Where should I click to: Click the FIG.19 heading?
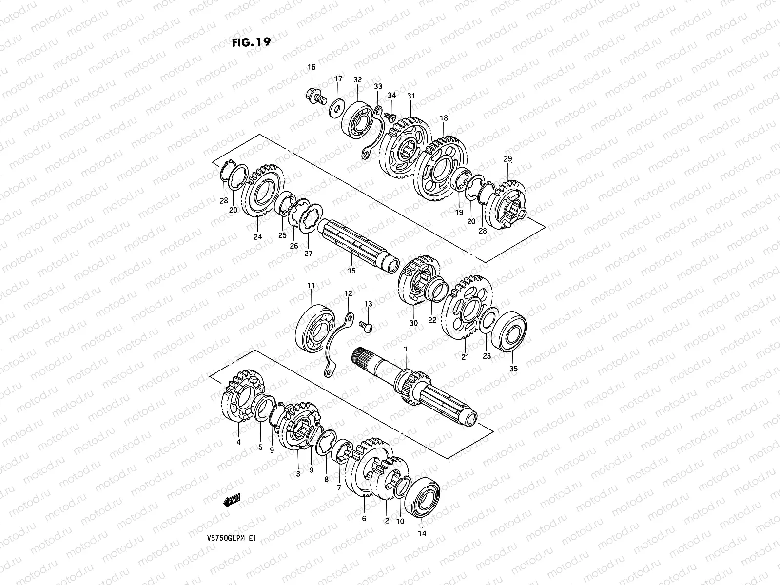tap(251, 42)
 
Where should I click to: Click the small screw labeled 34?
tap(389, 117)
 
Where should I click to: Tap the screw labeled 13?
tap(366, 326)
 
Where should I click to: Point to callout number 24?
tap(257, 237)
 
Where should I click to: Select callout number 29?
tap(508, 159)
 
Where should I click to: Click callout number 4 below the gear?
tap(238, 442)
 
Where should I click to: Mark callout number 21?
tap(465, 357)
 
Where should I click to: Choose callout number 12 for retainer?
tap(348, 293)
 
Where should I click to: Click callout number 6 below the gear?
tap(364, 519)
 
